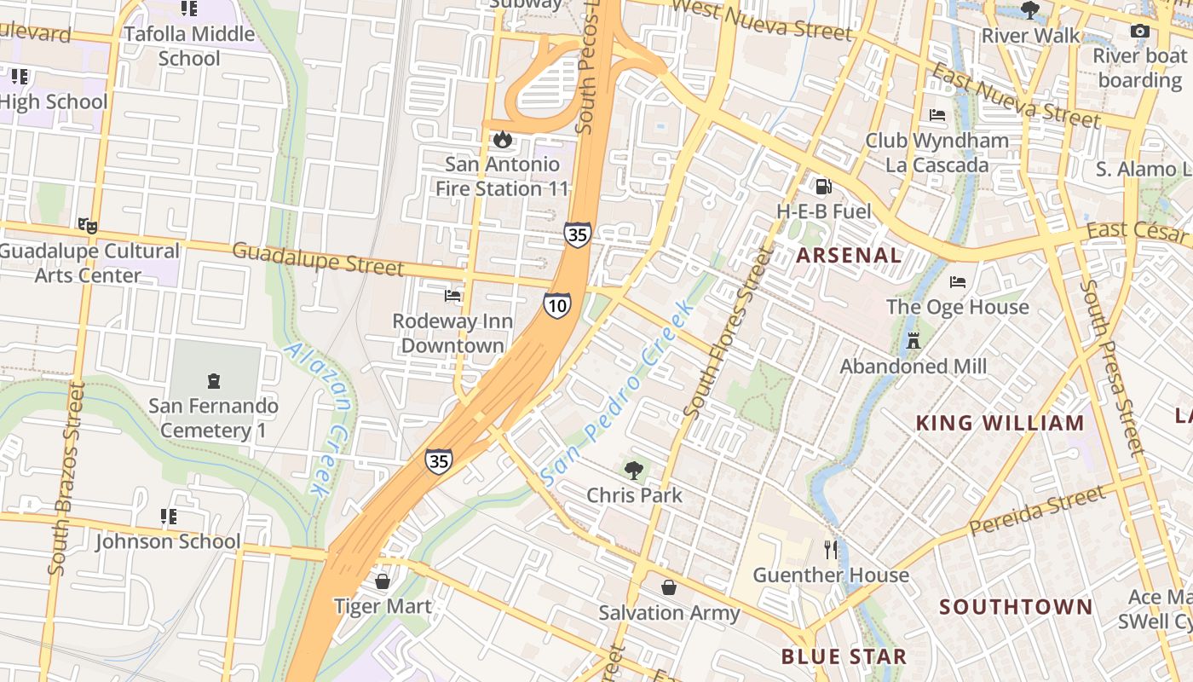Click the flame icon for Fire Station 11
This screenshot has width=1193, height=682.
(x=503, y=139)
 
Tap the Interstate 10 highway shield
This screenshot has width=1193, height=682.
(x=557, y=304)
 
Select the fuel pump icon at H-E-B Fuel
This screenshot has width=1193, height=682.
(x=823, y=186)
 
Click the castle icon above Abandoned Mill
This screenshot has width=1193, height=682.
(x=913, y=341)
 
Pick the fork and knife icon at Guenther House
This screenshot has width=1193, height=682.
(x=831, y=550)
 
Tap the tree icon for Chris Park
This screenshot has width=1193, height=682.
(x=633, y=470)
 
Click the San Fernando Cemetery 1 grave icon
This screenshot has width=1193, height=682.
(x=213, y=381)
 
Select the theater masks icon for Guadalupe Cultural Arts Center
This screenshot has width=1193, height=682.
(x=88, y=226)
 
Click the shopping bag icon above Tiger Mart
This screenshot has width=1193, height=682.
(x=383, y=581)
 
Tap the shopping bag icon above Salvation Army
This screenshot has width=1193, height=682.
(x=669, y=587)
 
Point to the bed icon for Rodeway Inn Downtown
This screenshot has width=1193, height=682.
(x=452, y=296)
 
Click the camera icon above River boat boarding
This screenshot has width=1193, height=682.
(x=1139, y=32)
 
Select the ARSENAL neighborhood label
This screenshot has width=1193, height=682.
(x=849, y=255)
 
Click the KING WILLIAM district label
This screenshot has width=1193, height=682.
(x=1000, y=423)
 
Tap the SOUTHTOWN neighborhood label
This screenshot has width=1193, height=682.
(x=1015, y=607)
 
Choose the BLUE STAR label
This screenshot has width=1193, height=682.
(x=844, y=656)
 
